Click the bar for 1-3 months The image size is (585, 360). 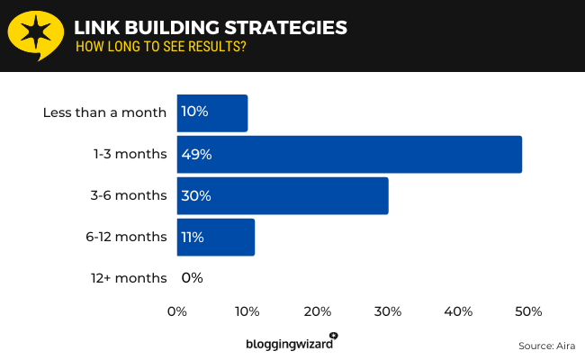pos(349,154)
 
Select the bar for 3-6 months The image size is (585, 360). pos(283,195)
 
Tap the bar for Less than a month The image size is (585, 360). pos(212,112)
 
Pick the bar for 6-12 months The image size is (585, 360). pos(216,237)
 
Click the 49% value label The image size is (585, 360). pos(196,154)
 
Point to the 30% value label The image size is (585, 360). pos(196,195)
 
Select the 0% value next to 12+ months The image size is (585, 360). pos(192,278)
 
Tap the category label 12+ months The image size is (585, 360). pos(130,278)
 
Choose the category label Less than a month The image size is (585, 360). pos(104,112)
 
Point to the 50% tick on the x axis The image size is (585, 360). pos(528,311)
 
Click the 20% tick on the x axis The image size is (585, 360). pos(318,311)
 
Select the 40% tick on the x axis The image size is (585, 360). pos(458,311)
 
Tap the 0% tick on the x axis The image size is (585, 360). pos(177,311)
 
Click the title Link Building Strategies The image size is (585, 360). pos(211,28)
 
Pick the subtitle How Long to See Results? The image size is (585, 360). pos(161,47)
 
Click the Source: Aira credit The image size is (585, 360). pos(546,346)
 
